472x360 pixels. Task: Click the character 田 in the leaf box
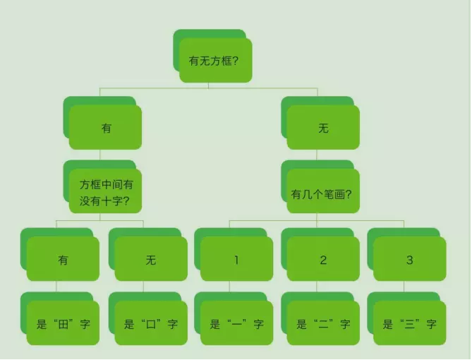point(63,325)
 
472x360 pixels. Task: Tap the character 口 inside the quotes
point(151,325)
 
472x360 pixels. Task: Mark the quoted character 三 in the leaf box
point(410,325)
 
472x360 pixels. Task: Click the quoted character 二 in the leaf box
point(323,325)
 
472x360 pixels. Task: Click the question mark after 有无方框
point(236,61)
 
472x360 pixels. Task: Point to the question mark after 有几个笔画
point(349,194)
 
